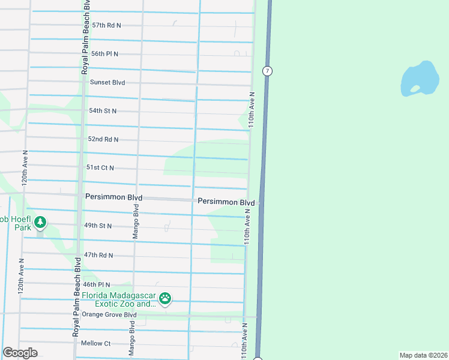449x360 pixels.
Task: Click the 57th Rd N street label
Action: [106, 25]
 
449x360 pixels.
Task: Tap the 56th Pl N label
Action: [104, 54]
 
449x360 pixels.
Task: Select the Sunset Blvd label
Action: [107, 82]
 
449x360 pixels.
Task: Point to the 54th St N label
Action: [103, 111]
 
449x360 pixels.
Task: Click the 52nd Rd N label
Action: [103, 139]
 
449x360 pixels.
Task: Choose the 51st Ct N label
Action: [100, 168]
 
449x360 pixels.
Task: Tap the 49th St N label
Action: [98, 226]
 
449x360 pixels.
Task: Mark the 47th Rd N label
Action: [98, 255]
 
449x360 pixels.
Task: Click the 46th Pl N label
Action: [97, 284]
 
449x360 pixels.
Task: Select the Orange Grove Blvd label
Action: [109, 314]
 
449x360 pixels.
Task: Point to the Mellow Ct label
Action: [95, 343]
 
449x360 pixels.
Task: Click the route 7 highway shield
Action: [267, 71]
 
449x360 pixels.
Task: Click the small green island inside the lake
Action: [415, 89]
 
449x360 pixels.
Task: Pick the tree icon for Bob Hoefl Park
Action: [40, 223]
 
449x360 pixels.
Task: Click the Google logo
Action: [20, 353]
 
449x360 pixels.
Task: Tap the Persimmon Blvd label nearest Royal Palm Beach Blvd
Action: [113, 197]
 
